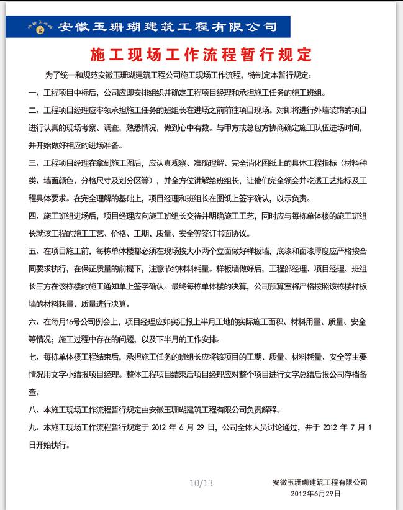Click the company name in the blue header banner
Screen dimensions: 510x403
pyautogui.click(x=167, y=27)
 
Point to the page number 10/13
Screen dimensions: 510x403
pyautogui.click(x=201, y=483)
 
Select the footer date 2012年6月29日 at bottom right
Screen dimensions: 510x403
pyautogui.click(x=316, y=494)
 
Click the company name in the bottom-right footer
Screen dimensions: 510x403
pyautogui.click(x=320, y=483)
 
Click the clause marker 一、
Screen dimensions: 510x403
pyautogui.click(x=35, y=93)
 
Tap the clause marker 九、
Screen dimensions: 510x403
pyautogui.click(x=35, y=428)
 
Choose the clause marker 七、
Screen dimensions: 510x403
pyautogui.click(x=35, y=357)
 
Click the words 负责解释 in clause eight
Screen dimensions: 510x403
pyautogui.click(x=264, y=410)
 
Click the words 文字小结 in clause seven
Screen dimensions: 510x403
pyautogui.click(x=93, y=375)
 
